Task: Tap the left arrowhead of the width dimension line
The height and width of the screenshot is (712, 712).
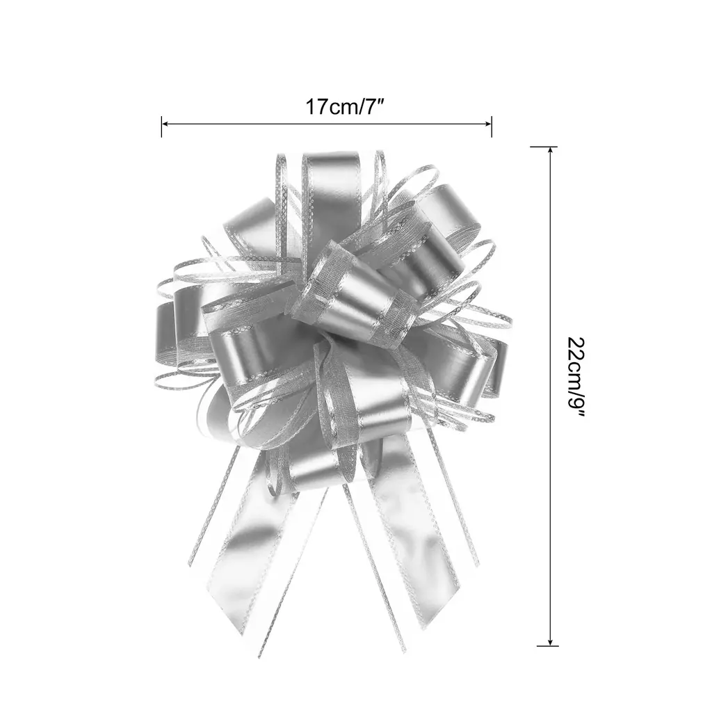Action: [x=165, y=123]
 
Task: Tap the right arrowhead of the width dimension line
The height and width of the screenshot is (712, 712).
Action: [x=488, y=123]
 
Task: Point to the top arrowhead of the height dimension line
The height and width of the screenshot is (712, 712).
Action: [x=551, y=151]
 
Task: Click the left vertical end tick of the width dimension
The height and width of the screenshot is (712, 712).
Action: [x=161, y=127]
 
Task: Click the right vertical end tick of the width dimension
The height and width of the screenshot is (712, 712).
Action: [x=492, y=127]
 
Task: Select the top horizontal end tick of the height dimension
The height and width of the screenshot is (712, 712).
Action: [x=544, y=147]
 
